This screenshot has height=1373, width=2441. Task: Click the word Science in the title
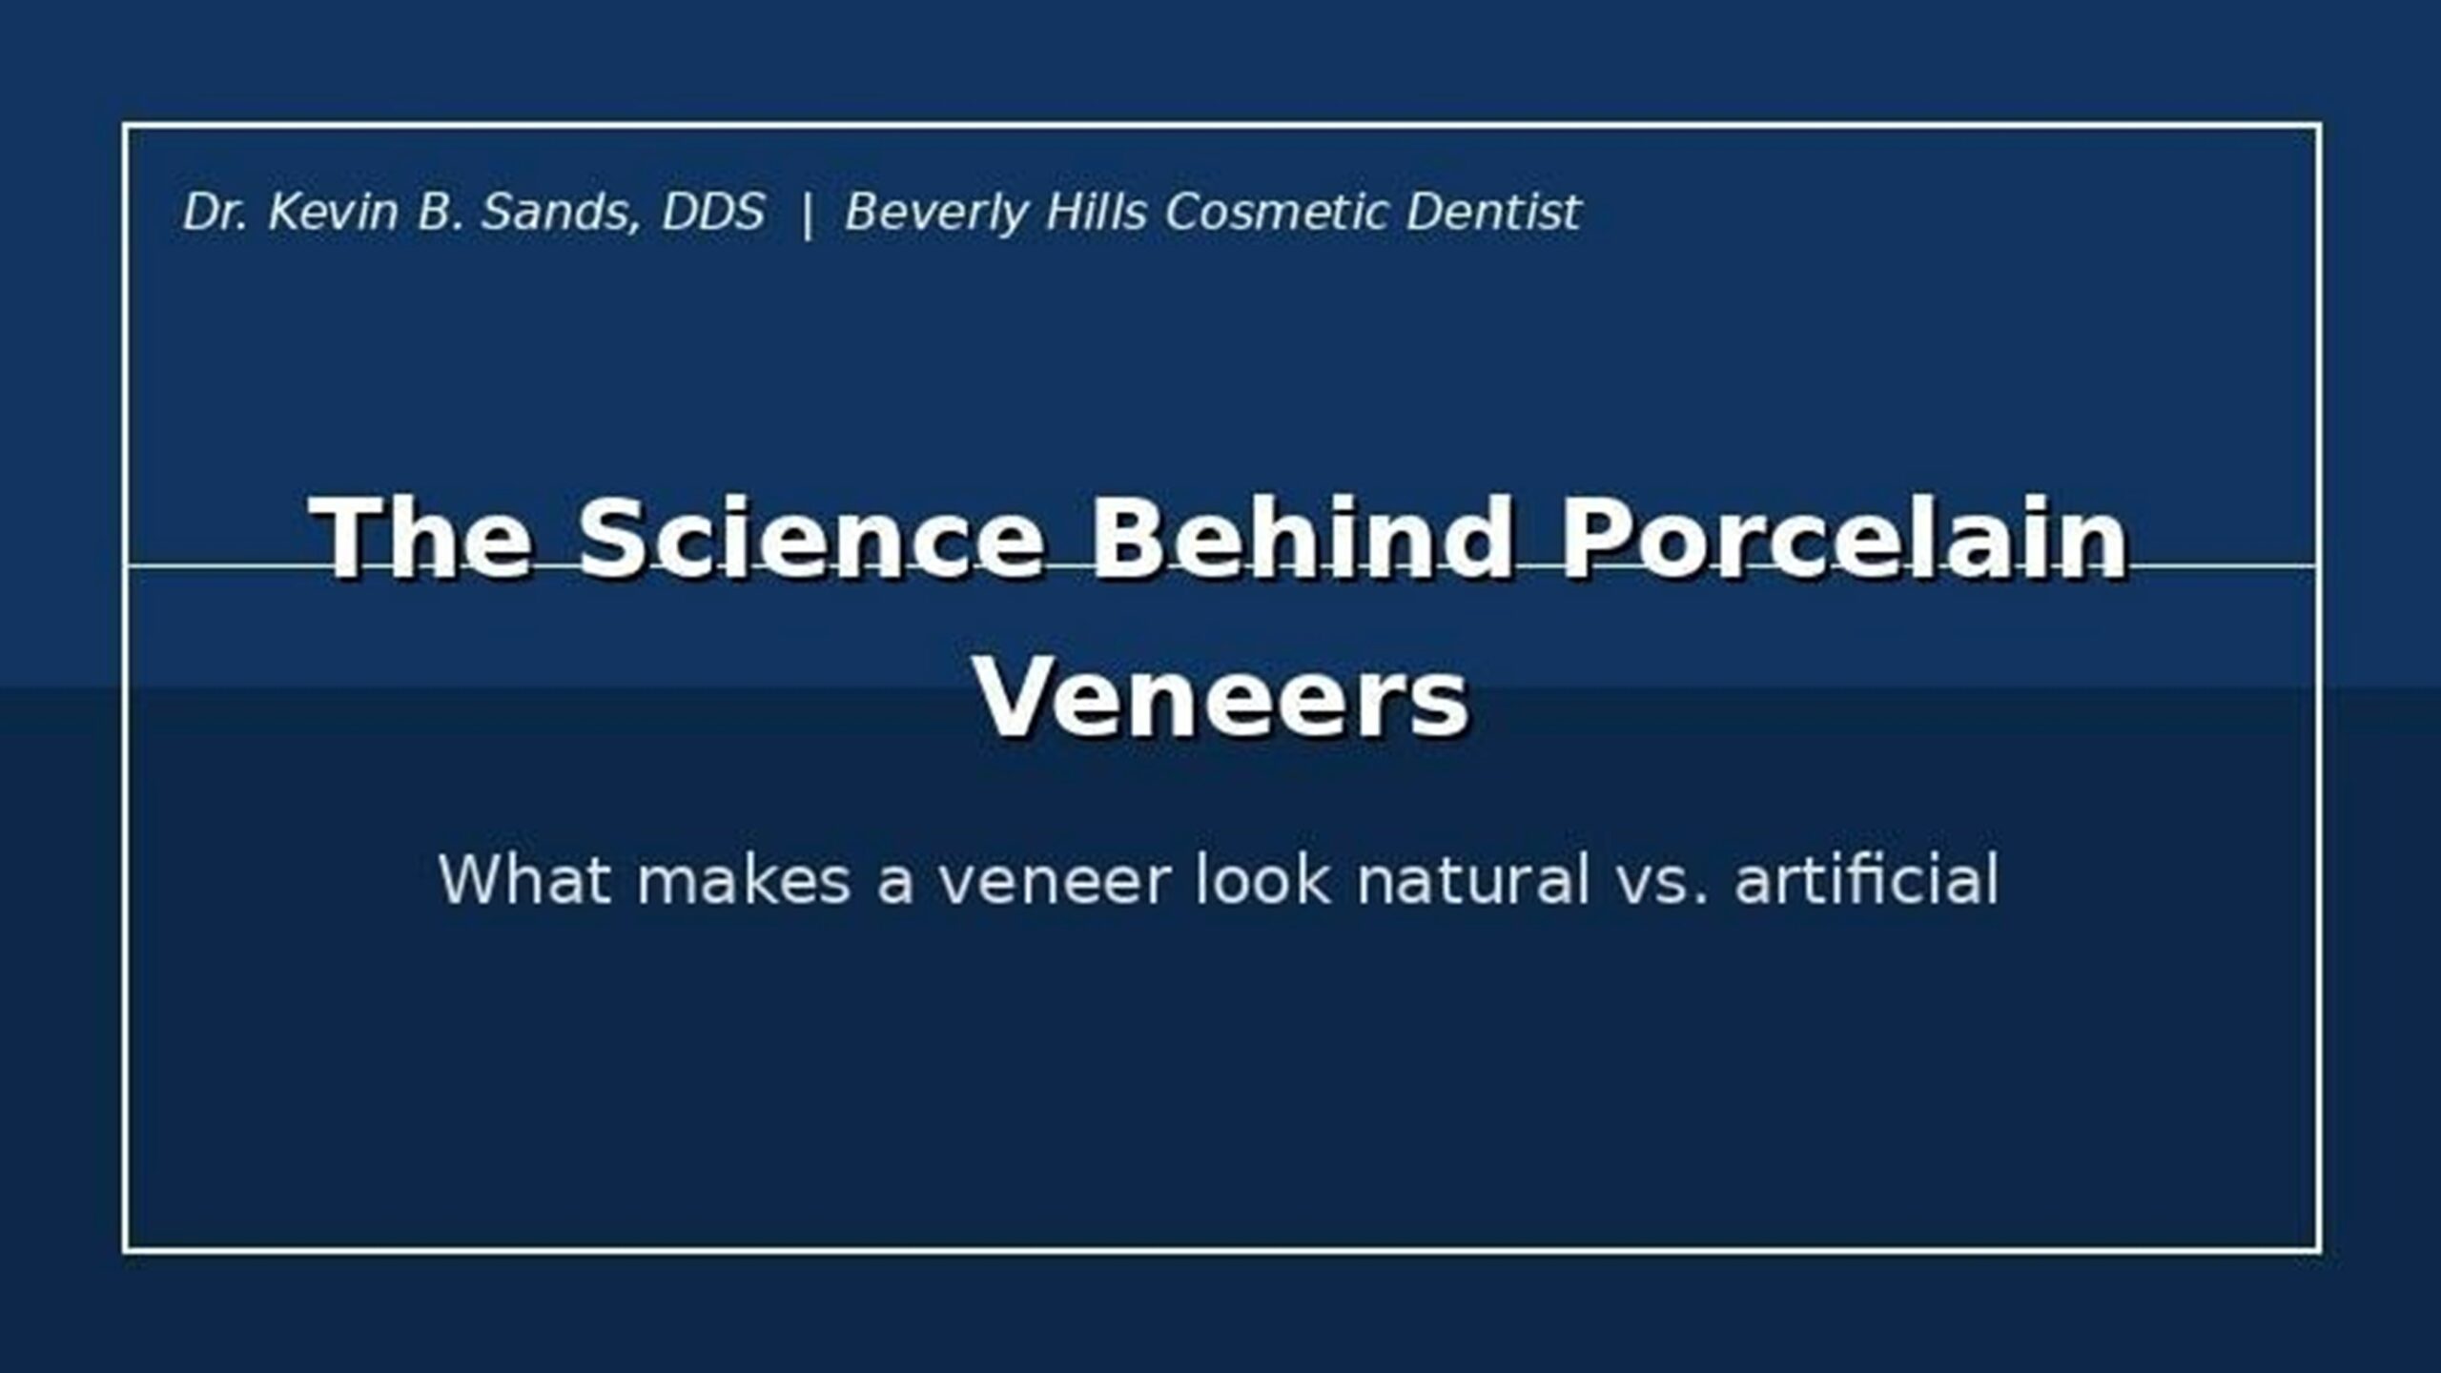[x=811, y=539]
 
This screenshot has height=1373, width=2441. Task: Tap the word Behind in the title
[x=1302, y=539]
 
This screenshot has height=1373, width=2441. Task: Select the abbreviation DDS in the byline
[x=713, y=212]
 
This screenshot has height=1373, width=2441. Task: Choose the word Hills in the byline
[x=1096, y=212]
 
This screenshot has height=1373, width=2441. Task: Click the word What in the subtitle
[x=524, y=879]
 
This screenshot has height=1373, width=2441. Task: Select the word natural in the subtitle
[x=1473, y=879]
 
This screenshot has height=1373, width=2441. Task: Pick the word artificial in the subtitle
[x=1866, y=879]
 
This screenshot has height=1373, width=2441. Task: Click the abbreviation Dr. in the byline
[x=215, y=212]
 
